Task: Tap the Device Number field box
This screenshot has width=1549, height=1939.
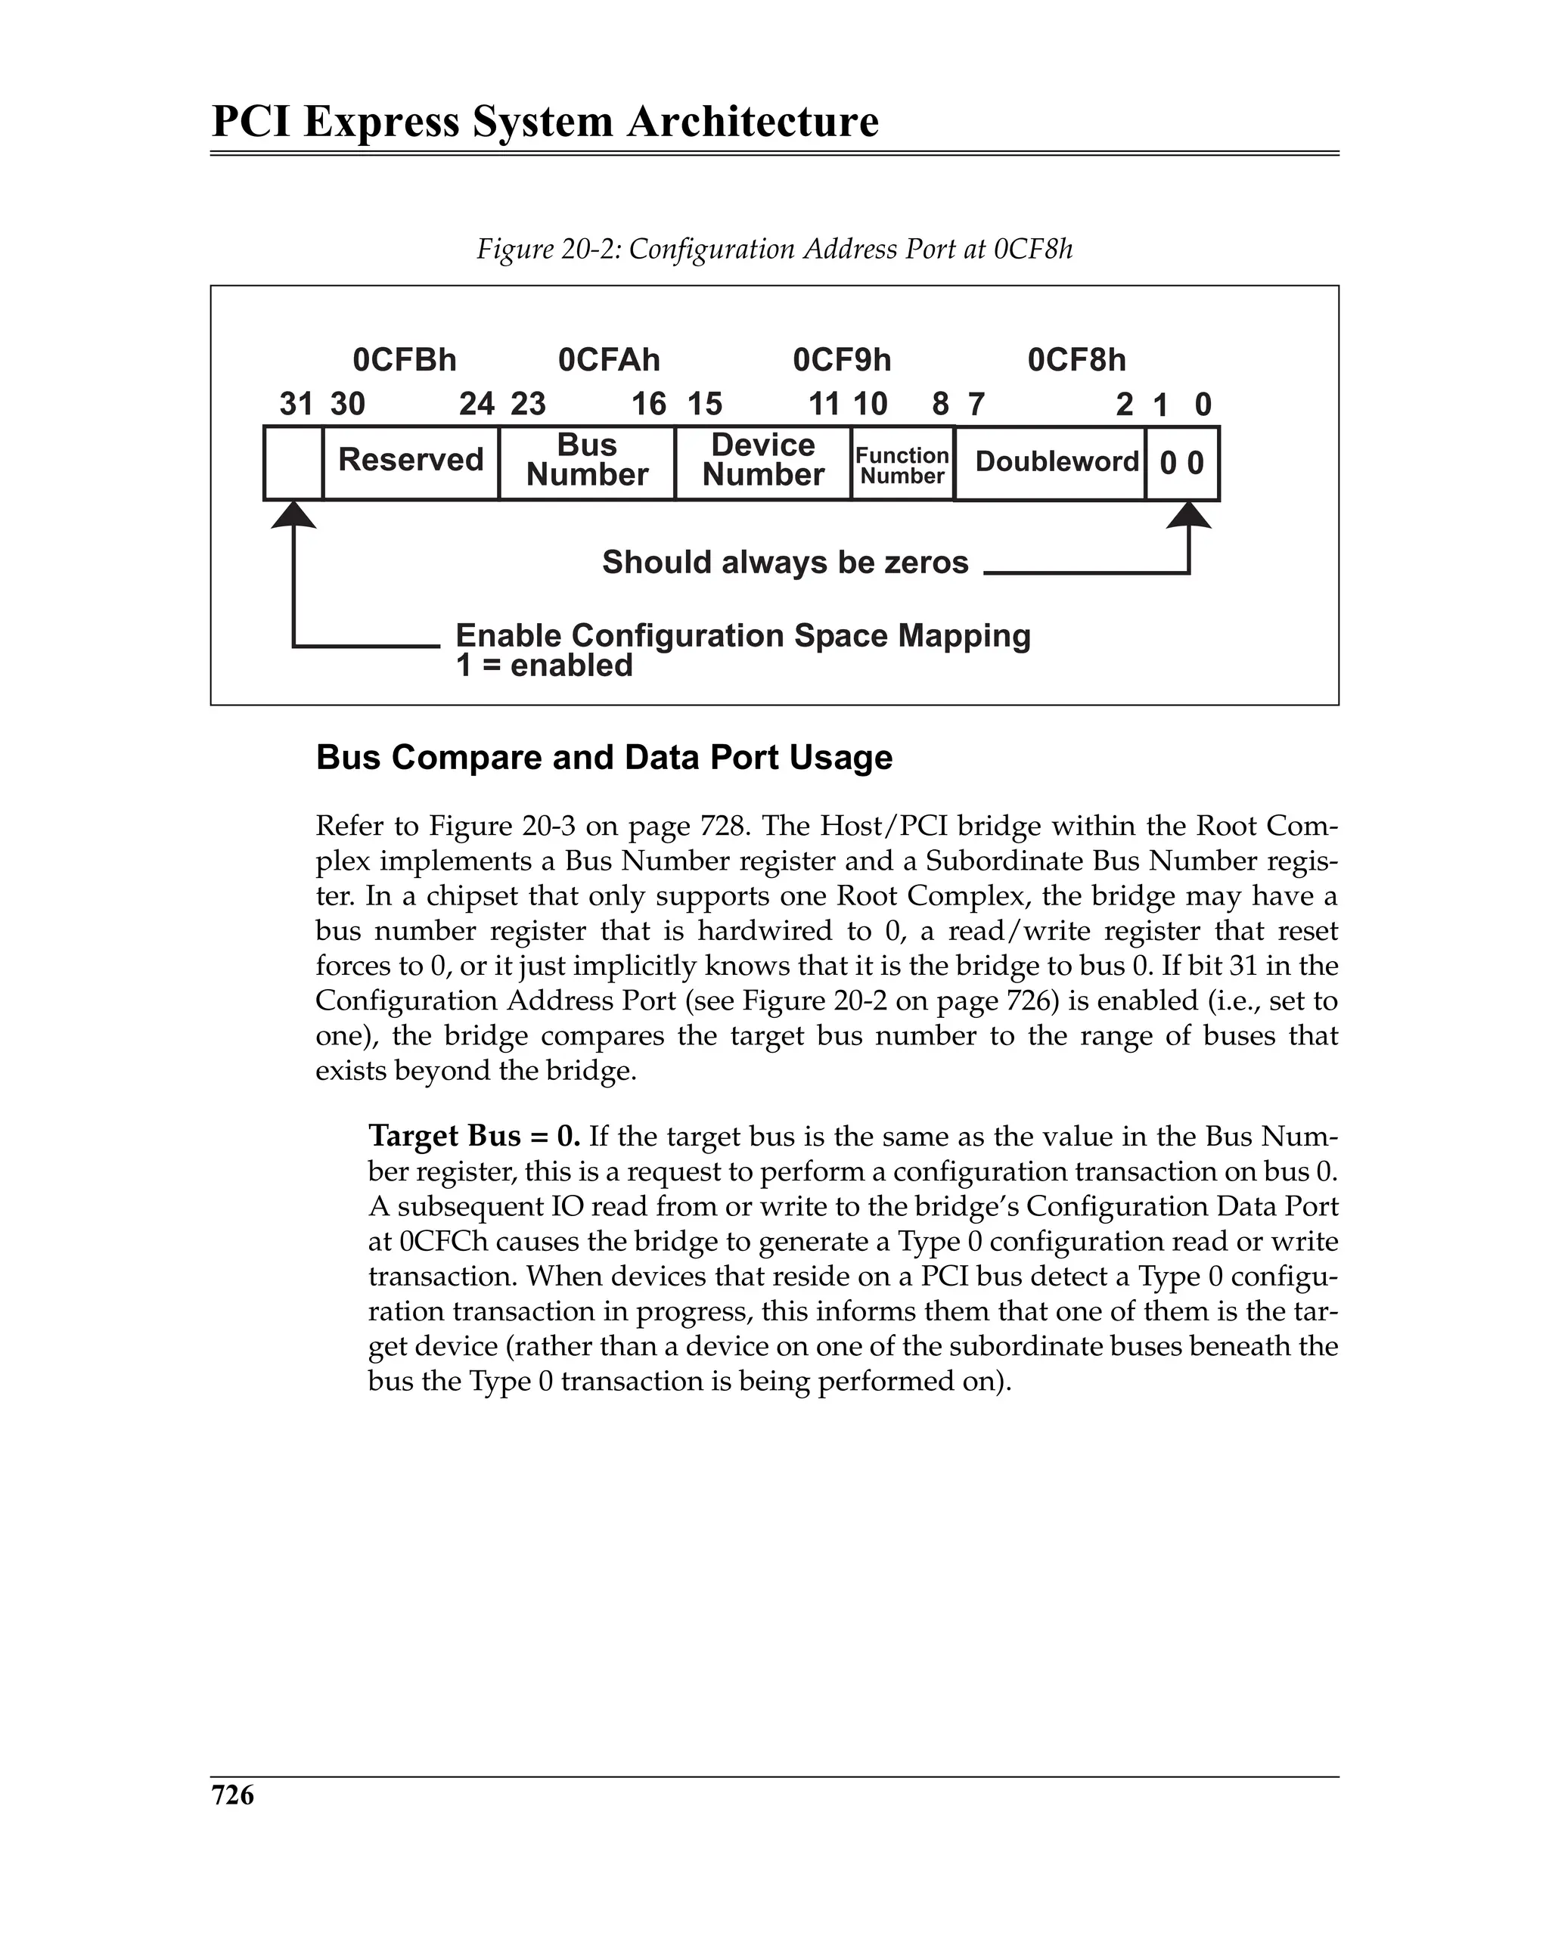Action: tap(763, 462)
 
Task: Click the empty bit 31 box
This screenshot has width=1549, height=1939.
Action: tap(293, 462)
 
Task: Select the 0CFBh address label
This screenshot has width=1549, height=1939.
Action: tap(404, 361)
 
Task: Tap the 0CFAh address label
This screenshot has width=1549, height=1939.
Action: tap(609, 361)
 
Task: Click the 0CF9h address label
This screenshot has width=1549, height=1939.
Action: tap(841, 361)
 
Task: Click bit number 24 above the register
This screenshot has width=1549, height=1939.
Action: tap(476, 405)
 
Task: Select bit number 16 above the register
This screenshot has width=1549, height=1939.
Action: tap(648, 405)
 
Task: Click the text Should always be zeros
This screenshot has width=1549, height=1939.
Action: tap(784, 563)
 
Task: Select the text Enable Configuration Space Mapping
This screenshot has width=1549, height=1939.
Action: tap(742, 636)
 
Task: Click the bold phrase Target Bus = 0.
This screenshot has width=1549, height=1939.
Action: tap(474, 1137)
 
